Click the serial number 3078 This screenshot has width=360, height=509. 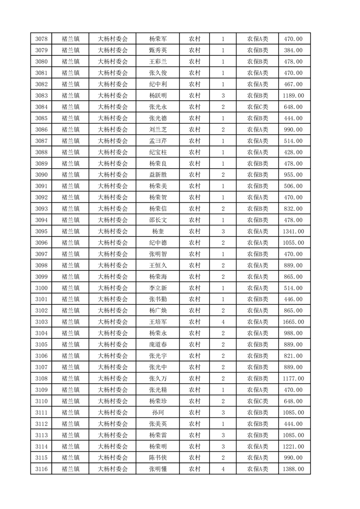point(41,39)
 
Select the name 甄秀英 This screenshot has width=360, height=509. point(158,50)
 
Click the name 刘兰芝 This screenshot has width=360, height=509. point(158,130)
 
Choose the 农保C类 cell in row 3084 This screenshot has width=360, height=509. point(257,107)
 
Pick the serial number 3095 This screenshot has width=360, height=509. point(41,231)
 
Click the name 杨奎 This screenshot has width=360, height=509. point(158,231)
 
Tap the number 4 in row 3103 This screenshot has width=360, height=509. point(223,322)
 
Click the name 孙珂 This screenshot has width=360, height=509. point(158,412)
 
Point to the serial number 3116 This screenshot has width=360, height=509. point(41,469)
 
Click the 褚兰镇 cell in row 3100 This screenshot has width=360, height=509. point(70,288)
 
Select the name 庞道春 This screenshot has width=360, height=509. point(158,345)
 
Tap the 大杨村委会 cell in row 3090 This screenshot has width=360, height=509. point(113,175)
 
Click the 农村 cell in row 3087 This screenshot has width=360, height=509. point(195,141)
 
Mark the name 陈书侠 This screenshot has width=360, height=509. point(158,458)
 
